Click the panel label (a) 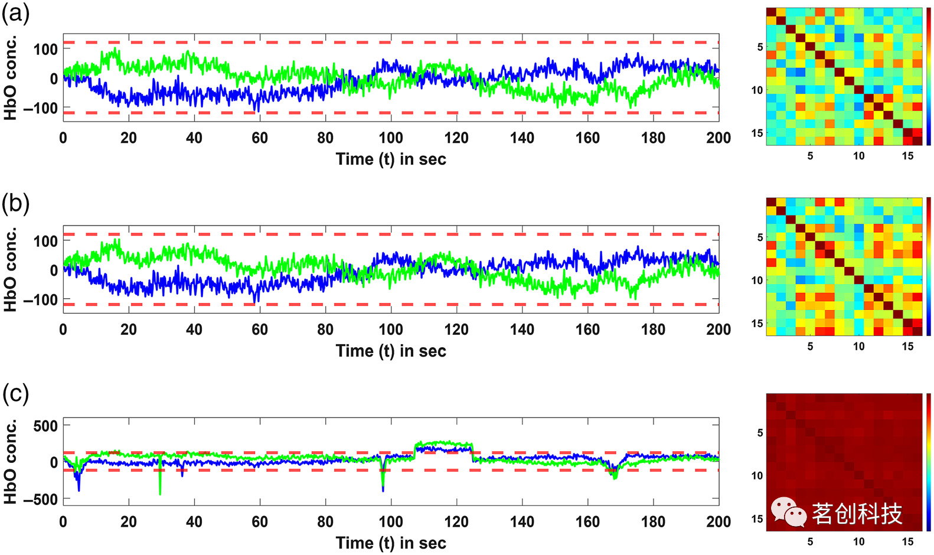(15, 13)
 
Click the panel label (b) (15, 204)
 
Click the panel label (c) (15, 394)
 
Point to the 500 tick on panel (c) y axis (45, 426)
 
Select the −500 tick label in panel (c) (41, 499)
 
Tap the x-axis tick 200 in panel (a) (719, 138)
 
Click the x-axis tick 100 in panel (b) (391, 330)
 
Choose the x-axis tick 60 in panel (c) (260, 522)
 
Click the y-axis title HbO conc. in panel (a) (10, 78)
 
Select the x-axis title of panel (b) (391, 351)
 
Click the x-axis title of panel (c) (391, 543)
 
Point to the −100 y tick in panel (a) (41, 109)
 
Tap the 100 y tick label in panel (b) (45, 241)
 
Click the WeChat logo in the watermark (789, 512)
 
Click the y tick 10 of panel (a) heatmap (757, 90)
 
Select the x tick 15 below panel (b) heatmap (907, 347)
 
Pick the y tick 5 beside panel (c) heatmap (760, 433)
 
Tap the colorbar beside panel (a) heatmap (929, 77)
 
